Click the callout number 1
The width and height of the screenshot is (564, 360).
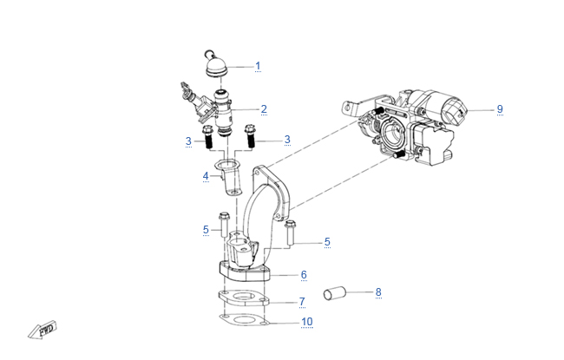tap(257, 66)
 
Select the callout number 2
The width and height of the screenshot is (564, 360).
tap(264, 109)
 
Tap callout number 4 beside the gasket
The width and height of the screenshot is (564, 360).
tap(206, 176)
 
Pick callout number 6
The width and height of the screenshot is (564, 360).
tap(304, 275)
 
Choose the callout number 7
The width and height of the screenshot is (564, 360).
tap(302, 302)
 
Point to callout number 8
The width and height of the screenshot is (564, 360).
tap(378, 293)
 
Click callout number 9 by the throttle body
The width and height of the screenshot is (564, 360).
tap(500, 109)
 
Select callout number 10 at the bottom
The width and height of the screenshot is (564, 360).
tap(306, 323)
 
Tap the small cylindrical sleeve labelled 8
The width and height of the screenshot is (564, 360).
tap(336, 295)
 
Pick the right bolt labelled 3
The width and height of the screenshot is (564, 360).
tap(251, 135)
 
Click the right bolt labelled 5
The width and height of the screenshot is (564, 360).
tap(289, 232)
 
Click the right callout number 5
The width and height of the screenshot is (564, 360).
tap(327, 242)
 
